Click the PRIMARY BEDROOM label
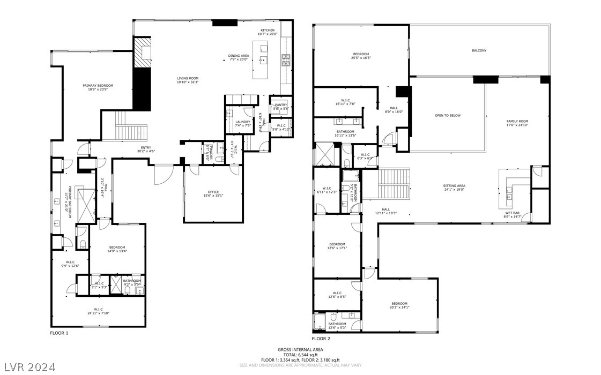coord(98,86)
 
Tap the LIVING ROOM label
coord(188,79)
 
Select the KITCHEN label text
coord(268,30)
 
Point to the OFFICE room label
coord(213,192)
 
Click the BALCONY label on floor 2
coord(479,50)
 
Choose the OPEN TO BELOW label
coord(447,115)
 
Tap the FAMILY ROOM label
coord(517,122)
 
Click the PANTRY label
coord(281,105)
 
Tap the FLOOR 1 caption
coord(59,333)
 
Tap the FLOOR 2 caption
coord(321,339)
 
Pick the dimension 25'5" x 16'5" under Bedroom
coord(361,58)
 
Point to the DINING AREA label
coord(239,55)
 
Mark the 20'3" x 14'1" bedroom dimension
coord(399,307)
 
